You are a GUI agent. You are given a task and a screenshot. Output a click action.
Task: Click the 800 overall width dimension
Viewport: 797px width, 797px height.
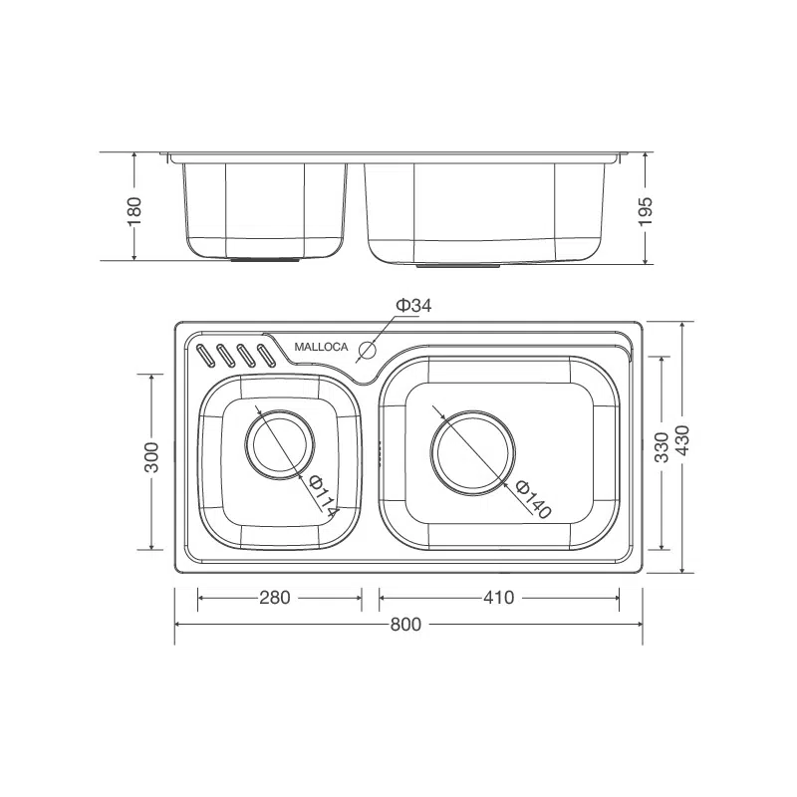[405, 624]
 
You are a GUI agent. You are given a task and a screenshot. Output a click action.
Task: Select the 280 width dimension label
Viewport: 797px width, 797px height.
[275, 597]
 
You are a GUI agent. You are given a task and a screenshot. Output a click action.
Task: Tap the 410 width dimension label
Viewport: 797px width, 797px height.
[499, 597]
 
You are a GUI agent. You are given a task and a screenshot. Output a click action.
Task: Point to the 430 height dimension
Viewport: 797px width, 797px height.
[682, 440]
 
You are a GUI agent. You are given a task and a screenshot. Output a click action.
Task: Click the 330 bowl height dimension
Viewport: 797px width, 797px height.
[662, 447]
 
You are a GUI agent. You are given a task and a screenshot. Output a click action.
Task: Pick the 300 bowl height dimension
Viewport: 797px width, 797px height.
[151, 457]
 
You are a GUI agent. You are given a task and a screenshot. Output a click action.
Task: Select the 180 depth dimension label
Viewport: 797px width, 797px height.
[134, 211]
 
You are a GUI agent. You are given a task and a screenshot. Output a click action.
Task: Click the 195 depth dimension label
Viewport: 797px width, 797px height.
[645, 211]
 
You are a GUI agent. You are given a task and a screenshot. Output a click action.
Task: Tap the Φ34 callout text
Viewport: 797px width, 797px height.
[413, 306]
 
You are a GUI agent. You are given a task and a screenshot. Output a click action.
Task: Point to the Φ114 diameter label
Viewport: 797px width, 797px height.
[323, 496]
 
